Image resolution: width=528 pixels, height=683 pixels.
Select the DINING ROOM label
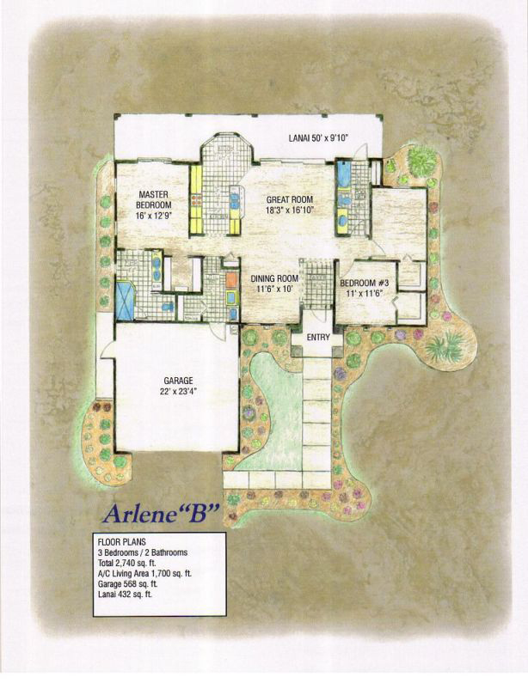[274, 278]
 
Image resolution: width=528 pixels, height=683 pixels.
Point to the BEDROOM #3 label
[366, 283]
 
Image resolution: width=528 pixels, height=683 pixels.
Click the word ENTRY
[318, 338]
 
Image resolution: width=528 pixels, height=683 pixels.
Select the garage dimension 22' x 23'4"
[178, 392]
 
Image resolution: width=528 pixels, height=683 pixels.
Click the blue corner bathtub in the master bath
[126, 300]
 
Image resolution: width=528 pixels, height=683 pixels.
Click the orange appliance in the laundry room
[231, 280]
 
